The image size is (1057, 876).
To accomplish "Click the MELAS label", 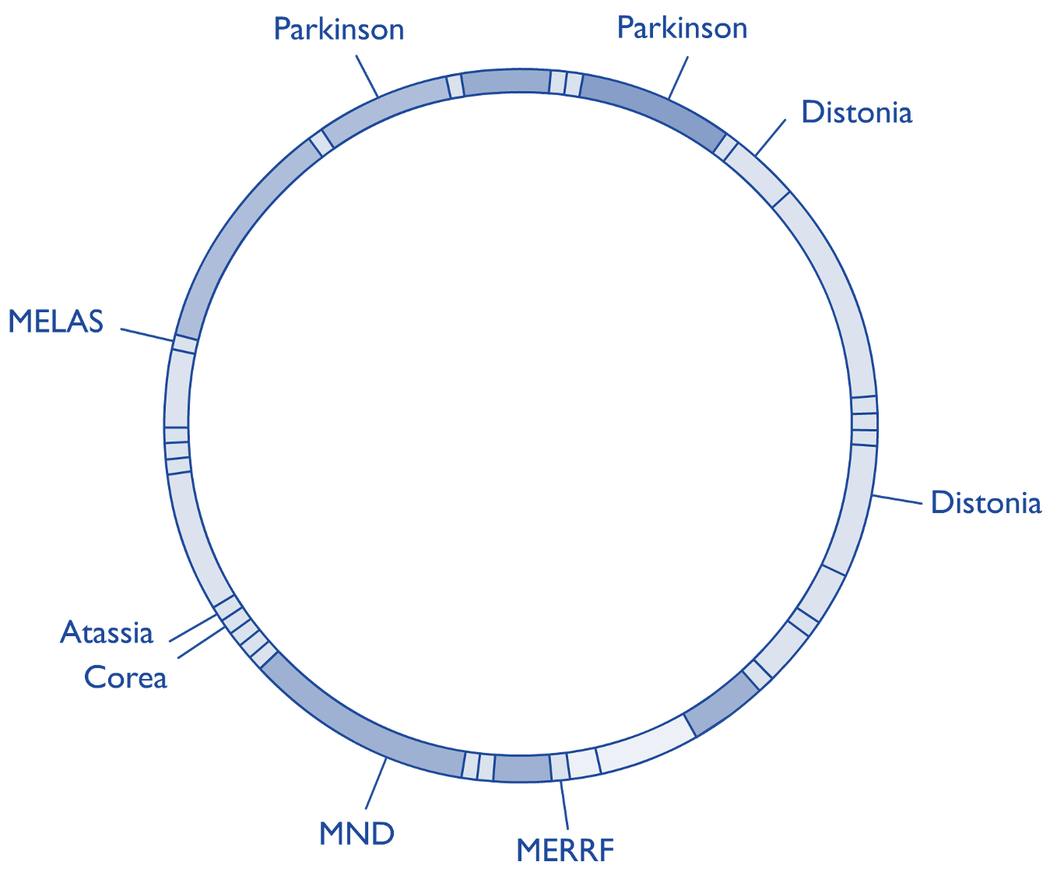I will pyautogui.click(x=55, y=322).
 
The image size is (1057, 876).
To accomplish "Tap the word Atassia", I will pyautogui.click(x=107, y=632).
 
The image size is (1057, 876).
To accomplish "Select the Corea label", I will pyautogui.click(x=125, y=677).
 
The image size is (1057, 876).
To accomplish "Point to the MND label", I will pyautogui.click(x=356, y=834).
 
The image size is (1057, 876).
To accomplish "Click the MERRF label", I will pyautogui.click(x=565, y=850).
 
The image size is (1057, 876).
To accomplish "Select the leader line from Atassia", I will pyautogui.click(x=193, y=628).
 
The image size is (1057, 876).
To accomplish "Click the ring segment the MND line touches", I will pyautogui.click(x=366, y=731).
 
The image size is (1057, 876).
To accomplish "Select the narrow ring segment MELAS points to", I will pyautogui.click(x=184, y=344).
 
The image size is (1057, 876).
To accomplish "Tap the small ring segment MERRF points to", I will pyautogui.click(x=559, y=767).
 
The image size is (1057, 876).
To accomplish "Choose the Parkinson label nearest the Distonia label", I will pyautogui.click(x=682, y=29).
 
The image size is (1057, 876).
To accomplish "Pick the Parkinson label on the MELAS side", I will pyautogui.click(x=339, y=30).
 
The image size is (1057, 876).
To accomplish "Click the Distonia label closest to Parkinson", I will pyautogui.click(x=856, y=113).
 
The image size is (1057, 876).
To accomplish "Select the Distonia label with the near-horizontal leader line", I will pyautogui.click(x=985, y=503).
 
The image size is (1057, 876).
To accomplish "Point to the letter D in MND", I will pyautogui.click(x=381, y=834).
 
